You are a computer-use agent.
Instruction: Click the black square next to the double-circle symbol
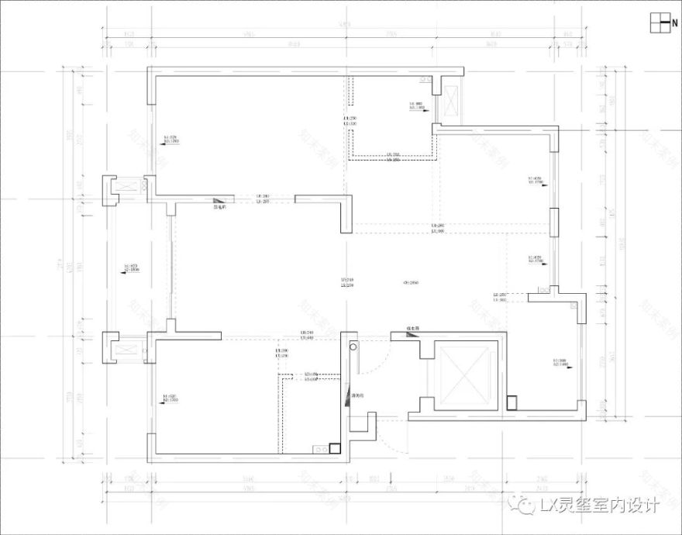pyautogui.click(x=334, y=447)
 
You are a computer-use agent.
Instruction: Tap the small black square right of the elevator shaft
pyautogui.click(x=511, y=402)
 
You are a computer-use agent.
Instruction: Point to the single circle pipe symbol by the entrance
pyautogui.click(x=354, y=348)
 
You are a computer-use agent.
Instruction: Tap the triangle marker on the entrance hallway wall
pyautogui.click(x=347, y=394)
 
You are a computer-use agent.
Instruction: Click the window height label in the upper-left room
pyautogui.click(x=171, y=140)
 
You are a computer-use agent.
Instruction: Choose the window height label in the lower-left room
pyautogui.click(x=171, y=399)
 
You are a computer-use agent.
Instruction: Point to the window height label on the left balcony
pyautogui.click(x=130, y=269)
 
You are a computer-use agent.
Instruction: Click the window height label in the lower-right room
pyautogui.click(x=559, y=362)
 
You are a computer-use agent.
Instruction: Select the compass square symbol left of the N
pyautogui.click(x=658, y=23)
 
